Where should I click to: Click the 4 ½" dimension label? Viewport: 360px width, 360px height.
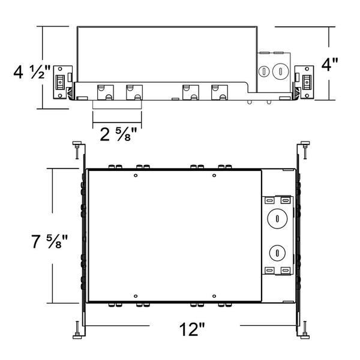[32, 71]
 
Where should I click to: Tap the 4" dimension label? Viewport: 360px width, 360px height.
[329, 64]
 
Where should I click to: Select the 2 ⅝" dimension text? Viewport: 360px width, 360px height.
[118, 134]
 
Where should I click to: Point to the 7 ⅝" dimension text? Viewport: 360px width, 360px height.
[49, 241]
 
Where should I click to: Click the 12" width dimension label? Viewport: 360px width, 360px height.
[192, 329]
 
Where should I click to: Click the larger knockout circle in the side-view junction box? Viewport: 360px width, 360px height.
[280, 71]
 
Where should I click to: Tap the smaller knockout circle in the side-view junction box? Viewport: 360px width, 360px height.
[264, 71]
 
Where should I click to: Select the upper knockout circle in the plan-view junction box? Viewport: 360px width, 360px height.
[277, 218]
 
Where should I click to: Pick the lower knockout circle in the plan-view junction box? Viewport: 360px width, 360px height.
[277, 253]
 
